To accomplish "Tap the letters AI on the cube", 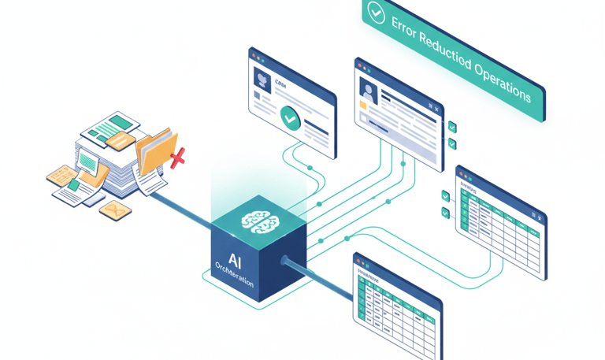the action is point(236,259).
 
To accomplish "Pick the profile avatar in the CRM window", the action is point(261,78).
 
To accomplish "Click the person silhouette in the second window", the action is point(366,89).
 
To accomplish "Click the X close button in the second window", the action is point(432,106).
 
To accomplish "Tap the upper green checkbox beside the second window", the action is point(452,127).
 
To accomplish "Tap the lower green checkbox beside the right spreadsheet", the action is point(445,213).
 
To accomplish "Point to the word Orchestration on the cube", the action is point(234,275).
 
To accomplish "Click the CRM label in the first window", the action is point(280,82).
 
